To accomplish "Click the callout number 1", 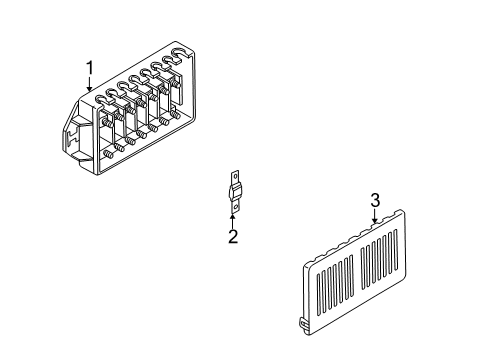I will point(89,68).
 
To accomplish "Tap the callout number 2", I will point(232,237).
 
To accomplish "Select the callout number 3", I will point(375,200).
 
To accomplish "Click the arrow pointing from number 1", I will point(89,85).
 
